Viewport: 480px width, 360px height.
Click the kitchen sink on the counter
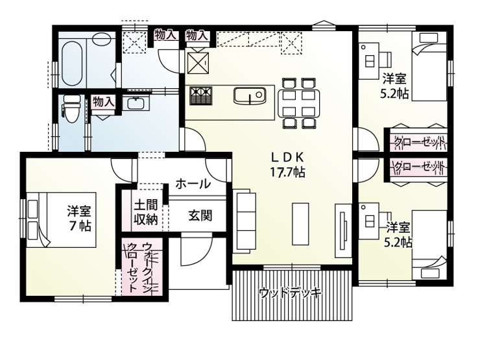pos(248,96)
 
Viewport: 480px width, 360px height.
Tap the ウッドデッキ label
pos(290,293)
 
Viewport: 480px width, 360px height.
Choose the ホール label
pos(193,184)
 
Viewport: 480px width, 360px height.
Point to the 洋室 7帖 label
pos(80,219)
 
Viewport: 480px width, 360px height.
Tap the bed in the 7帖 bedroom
pos(61,219)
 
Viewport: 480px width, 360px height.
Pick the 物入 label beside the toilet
pos(103,102)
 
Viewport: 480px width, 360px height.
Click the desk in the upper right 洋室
pos(370,56)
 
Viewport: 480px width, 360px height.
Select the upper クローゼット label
pos(418,141)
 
